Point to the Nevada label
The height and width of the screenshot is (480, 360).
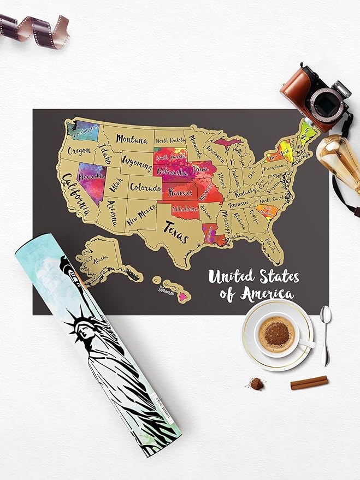pos(91,177)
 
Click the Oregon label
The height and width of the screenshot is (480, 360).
pos(79,151)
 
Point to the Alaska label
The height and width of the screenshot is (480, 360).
pos(100,257)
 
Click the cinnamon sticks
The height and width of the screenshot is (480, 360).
pos(309,382)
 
